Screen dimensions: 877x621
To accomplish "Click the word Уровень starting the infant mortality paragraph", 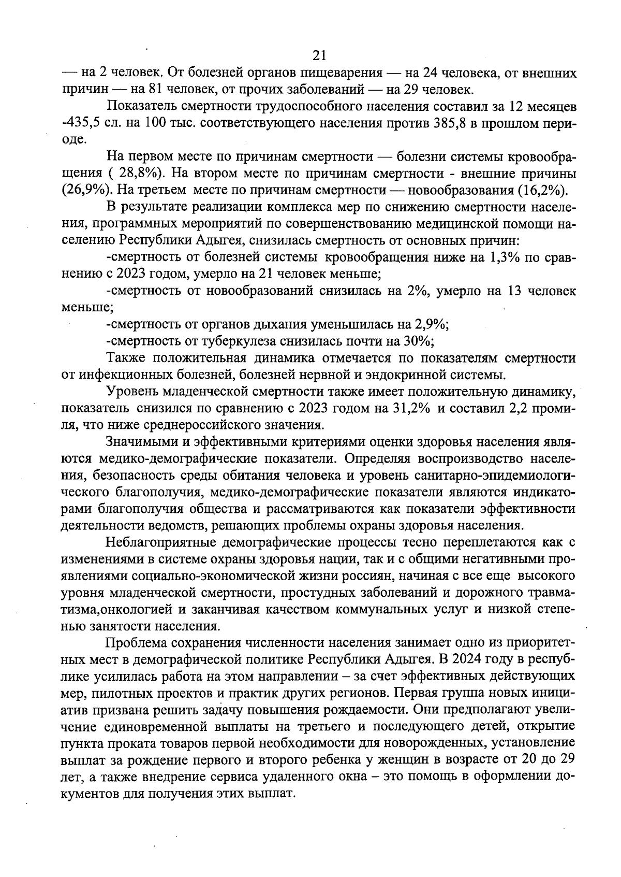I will click(129, 392).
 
